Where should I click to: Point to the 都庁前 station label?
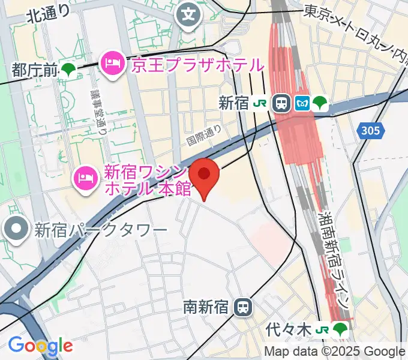(33, 70)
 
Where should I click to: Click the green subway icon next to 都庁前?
(68, 70)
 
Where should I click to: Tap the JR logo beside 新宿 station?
(260, 103)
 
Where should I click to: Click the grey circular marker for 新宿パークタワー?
(14, 228)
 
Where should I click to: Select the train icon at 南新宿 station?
(242, 307)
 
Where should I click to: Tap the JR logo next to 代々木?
(322, 329)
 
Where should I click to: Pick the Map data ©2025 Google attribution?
(335, 352)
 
